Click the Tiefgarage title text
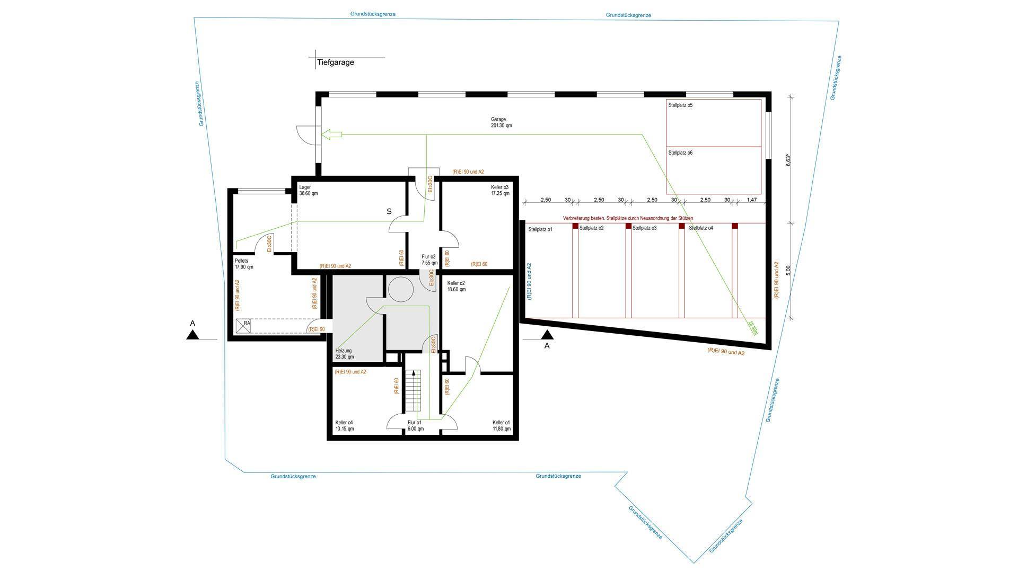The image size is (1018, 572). pos(335,62)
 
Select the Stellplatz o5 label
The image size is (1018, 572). pos(680,105)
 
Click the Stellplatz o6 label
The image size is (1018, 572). pos(680,153)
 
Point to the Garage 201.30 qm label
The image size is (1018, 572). pos(502,123)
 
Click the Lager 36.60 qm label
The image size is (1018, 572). pos(308,191)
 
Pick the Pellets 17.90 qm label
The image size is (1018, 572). pos(244,264)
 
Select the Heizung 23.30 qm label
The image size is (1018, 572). pos(345,354)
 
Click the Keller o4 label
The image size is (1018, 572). pos(345,426)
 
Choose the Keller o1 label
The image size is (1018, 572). pos(502,426)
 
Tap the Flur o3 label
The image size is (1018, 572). pos(429,260)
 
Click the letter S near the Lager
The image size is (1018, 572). pos(389,211)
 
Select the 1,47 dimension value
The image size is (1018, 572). pos(752,200)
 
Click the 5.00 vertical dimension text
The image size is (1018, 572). pos(788,270)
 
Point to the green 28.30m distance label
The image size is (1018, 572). pos(753,328)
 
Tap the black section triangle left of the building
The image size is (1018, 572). pos(192,334)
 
